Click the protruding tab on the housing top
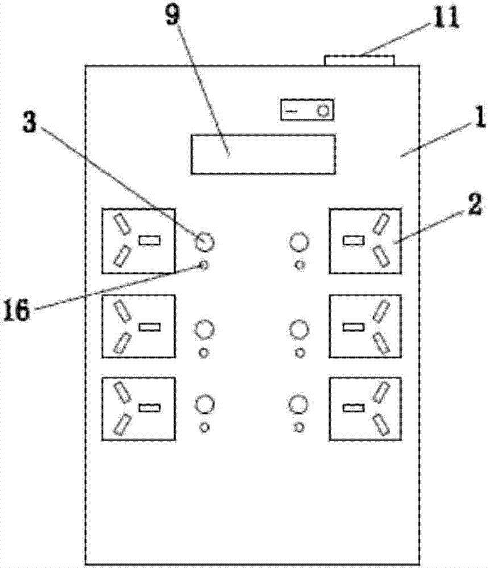(x=359, y=60)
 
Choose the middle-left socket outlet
(x=138, y=326)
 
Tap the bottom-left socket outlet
(x=138, y=408)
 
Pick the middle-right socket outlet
(x=365, y=326)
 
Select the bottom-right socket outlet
(x=365, y=408)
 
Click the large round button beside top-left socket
(x=205, y=243)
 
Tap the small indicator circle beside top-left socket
(x=205, y=264)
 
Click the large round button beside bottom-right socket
(x=298, y=405)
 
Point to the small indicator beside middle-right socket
(x=299, y=352)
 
